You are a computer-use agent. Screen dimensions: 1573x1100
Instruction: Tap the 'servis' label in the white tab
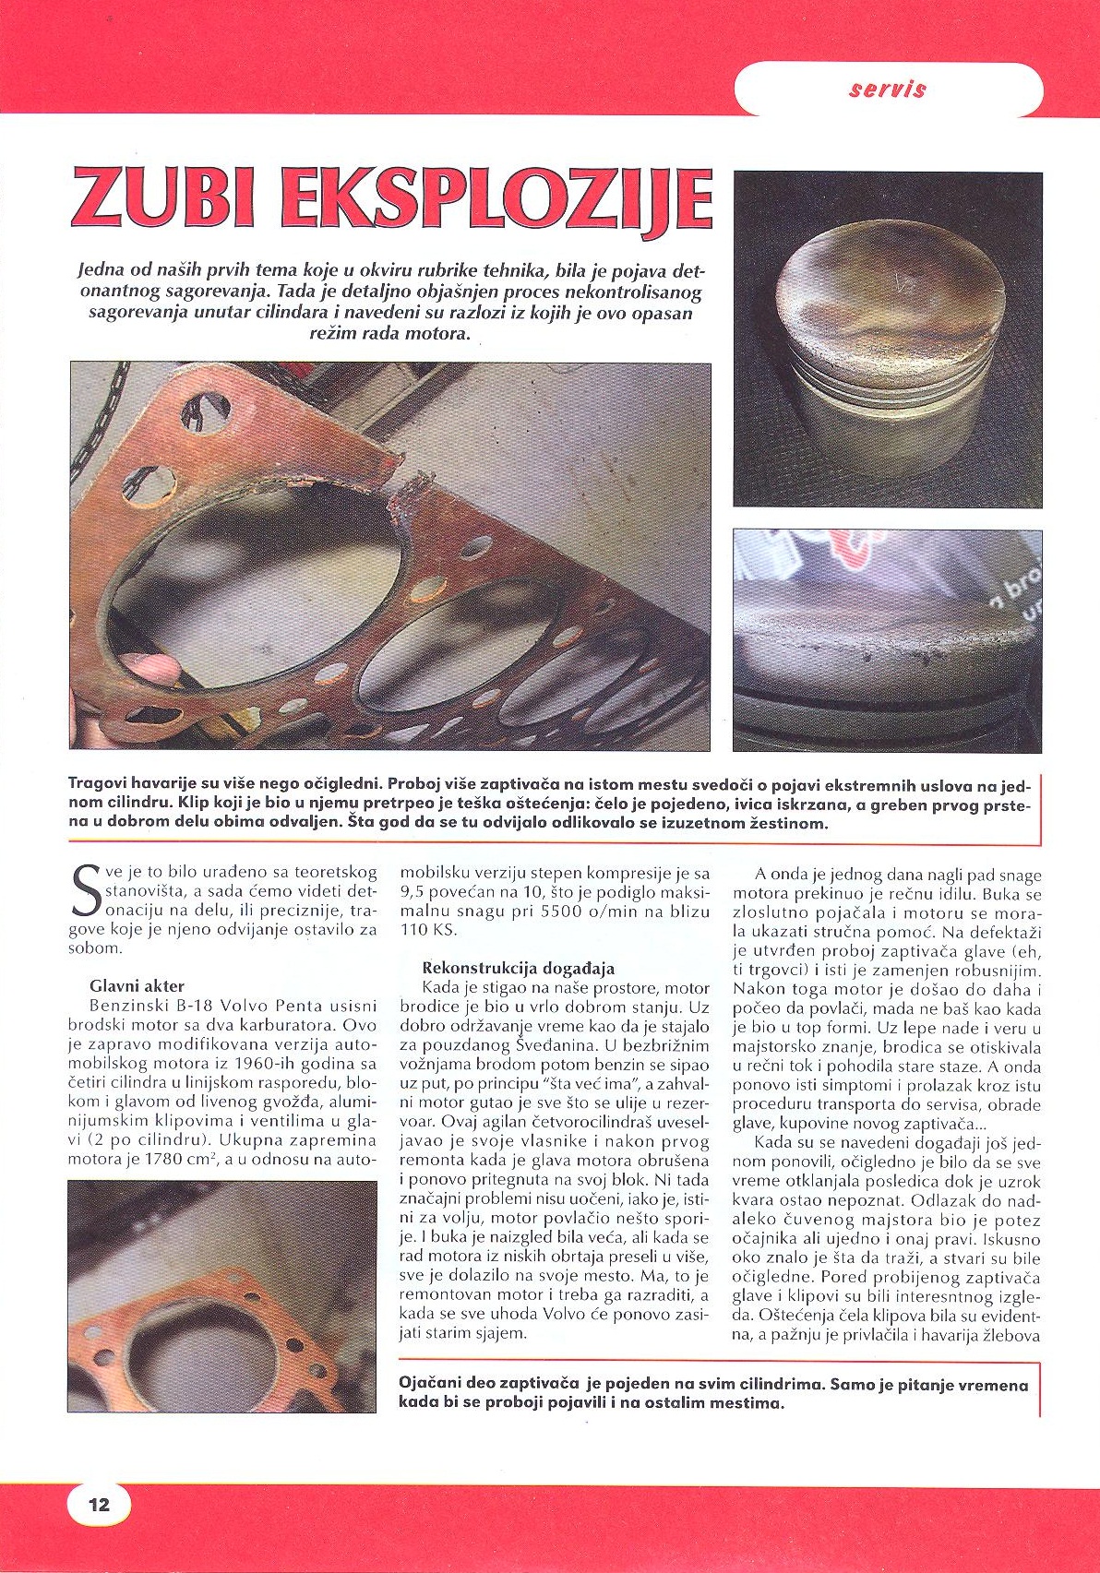click(887, 89)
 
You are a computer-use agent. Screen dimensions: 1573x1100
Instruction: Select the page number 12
click(99, 1505)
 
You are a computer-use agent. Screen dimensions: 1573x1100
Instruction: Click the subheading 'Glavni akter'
click(137, 985)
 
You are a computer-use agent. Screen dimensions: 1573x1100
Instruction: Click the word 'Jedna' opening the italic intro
click(98, 271)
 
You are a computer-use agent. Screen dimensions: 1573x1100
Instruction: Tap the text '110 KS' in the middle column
click(428, 930)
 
